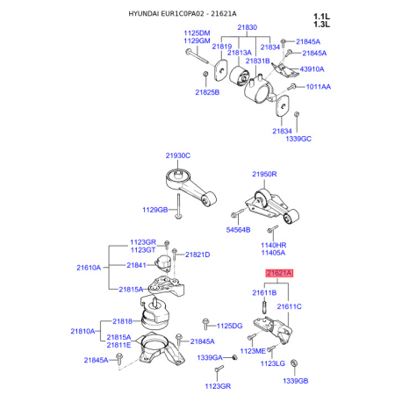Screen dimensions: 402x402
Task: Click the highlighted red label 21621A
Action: pyautogui.click(x=279, y=273)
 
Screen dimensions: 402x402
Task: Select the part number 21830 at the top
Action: pyautogui.click(x=248, y=27)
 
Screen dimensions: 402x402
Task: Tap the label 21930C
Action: pyautogui.click(x=178, y=155)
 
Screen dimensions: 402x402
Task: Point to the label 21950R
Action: pyautogui.click(x=264, y=174)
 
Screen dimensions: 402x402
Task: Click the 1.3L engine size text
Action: pyautogui.click(x=321, y=25)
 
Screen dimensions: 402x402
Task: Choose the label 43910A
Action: pyautogui.click(x=312, y=69)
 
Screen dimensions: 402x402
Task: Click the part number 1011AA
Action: pyautogui.click(x=319, y=87)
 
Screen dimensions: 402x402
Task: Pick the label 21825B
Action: pyautogui.click(x=207, y=92)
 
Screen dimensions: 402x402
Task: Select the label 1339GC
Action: pyautogui.click(x=298, y=139)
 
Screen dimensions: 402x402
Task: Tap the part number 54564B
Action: pyautogui.click(x=238, y=230)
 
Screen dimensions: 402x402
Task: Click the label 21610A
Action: pyautogui.click(x=89, y=268)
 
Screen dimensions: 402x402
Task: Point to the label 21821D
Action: pyautogui.click(x=197, y=255)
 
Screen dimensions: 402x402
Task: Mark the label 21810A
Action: pyautogui.click(x=83, y=331)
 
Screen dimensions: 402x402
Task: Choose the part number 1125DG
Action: pyautogui.click(x=230, y=326)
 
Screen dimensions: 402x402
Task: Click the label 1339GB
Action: pyautogui.click(x=296, y=381)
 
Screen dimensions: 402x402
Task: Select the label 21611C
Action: pyautogui.click(x=289, y=306)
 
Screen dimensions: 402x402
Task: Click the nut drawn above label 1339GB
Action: pyautogui.click(x=294, y=363)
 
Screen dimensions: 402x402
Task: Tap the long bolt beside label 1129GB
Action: pyautogui.click(x=178, y=206)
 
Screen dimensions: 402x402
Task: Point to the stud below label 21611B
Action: pyautogui.click(x=264, y=305)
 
